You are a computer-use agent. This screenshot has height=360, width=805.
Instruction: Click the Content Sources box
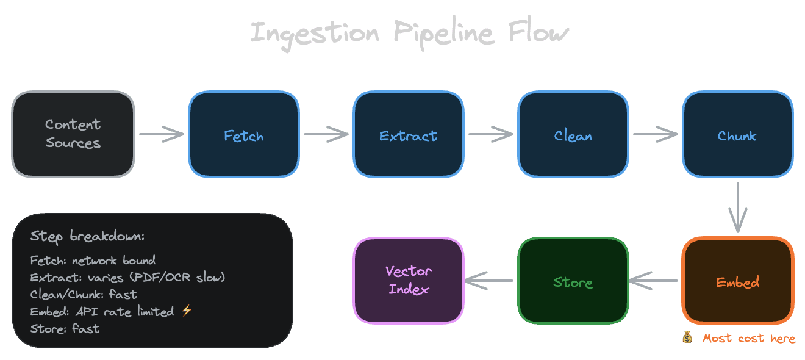click(73, 134)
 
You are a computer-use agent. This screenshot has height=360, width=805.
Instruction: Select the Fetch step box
click(244, 134)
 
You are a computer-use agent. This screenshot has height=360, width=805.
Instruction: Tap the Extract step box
click(408, 134)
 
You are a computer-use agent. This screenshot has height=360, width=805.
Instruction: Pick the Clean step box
click(573, 134)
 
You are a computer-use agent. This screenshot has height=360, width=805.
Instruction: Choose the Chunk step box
click(737, 134)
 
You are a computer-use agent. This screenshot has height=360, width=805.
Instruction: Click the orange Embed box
click(737, 281)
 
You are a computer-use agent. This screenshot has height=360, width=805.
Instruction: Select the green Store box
click(573, 281)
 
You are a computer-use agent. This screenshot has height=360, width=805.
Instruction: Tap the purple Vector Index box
click(408, 281)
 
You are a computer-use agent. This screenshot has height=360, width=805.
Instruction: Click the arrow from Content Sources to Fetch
click(162, 135)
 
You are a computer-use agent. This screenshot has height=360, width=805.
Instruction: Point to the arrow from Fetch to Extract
click(326, 135)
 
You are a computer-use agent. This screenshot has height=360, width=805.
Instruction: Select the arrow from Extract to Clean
click(491, 135)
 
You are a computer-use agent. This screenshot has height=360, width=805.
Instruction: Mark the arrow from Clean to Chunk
click(656, 135)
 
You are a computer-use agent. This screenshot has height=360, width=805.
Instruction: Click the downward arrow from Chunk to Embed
click(738, 207)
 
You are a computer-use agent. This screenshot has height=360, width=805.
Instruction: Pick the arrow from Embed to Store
click(654, 281)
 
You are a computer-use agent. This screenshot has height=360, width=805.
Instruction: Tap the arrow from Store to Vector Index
click(490, 281)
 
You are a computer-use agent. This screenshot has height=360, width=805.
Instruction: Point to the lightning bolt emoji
click(187, 312)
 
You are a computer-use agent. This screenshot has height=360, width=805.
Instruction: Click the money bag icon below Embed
click(688, 337)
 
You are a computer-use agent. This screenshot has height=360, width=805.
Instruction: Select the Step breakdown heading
click(87, 237)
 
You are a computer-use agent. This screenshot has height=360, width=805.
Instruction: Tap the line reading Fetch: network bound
click(93, 261)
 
